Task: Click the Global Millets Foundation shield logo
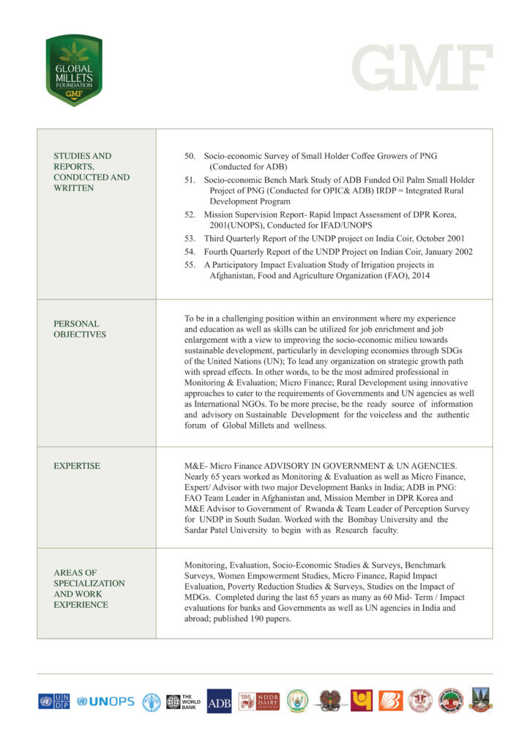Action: point(73,70)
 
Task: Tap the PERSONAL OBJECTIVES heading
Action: point(80,329)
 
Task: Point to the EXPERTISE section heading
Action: point(77,466)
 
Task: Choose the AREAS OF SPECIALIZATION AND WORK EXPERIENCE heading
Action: point(89,588)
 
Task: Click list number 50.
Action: point(190,156)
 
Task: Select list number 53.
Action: point(190,239)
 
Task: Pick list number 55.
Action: point(190,265)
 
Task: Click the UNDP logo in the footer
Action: point(54,701)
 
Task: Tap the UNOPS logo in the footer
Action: point(105,701)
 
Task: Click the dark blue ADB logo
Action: point(219,701)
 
